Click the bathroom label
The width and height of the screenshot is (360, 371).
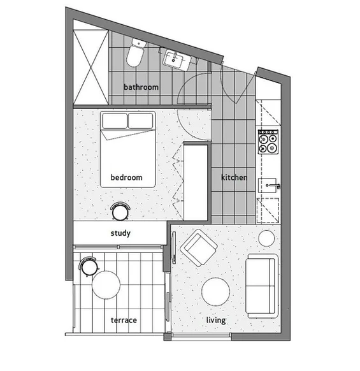(141, 87)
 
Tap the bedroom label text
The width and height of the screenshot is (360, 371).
(126, 177)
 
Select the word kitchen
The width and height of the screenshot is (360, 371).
(234, 177)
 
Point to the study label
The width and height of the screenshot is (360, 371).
(120, 233)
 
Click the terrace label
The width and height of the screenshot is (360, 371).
(124, 320)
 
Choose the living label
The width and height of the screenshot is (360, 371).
(215, 320)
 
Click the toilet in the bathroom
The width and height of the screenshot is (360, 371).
(136, 54)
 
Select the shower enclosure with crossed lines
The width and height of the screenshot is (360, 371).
(91, 62)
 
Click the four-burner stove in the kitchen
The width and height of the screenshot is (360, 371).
(268, 142)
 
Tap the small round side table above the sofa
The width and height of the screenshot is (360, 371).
(266, 239)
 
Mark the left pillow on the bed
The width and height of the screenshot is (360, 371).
(113, 120)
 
